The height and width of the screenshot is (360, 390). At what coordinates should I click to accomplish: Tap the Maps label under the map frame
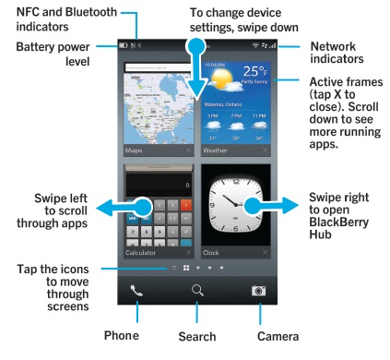(134, 149)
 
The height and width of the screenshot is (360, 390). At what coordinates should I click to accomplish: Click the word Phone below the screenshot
(122, 336)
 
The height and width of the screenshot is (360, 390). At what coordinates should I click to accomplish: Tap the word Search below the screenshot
(196, 337)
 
